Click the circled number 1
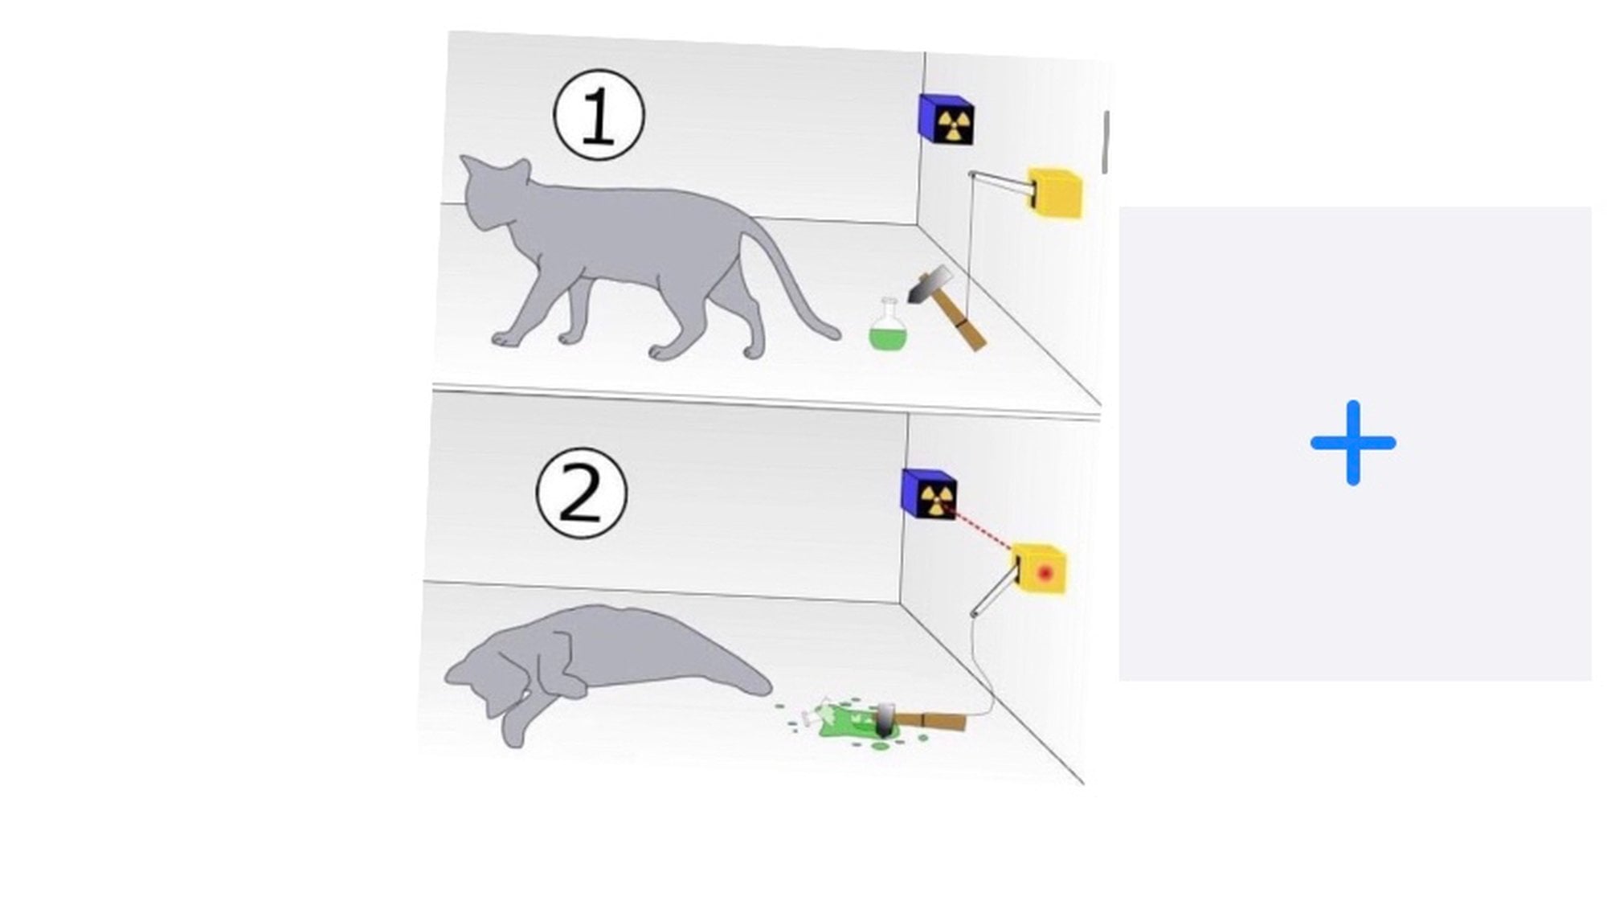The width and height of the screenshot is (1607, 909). point(599,116)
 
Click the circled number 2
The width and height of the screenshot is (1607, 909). point(581,493)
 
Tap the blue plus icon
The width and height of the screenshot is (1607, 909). point(1353,443)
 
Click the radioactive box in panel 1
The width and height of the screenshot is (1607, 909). point(947,119)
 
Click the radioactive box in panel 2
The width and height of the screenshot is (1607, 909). point(929,493)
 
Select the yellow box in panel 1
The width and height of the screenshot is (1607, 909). point(1056,193)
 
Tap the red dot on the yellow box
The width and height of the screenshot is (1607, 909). point(1045,573)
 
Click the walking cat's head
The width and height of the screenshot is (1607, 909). point(494,193)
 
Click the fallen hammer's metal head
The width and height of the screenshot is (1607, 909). point(885,719)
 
